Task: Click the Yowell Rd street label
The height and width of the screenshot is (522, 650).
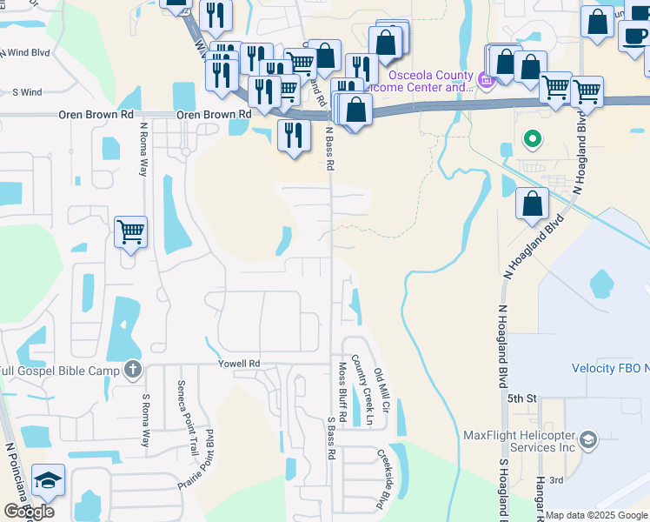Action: click(239, 364)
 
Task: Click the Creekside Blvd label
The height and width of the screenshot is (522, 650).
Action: click(381, 478)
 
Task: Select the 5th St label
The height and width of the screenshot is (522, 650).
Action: click(524, 398)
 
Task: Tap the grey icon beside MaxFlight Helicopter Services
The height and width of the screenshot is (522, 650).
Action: click(588, 439)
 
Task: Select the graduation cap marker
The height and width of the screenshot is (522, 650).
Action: click(47, 480)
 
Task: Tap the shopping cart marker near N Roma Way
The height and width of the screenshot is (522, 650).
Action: click(130, 231)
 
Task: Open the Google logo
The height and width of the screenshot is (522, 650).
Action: click(29, 512)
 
